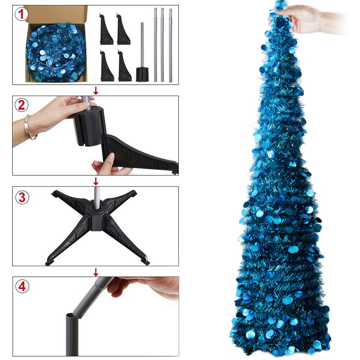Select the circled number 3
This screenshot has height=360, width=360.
tap(22, 197)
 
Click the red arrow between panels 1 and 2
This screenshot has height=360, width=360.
tap(96, 91)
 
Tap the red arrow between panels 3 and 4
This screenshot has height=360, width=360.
tap(96, 272)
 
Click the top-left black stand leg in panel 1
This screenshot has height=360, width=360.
tap(106, 30)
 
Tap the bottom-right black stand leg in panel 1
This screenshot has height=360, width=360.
tap(124, 67)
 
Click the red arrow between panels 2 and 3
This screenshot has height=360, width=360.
tap(96, 181)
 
